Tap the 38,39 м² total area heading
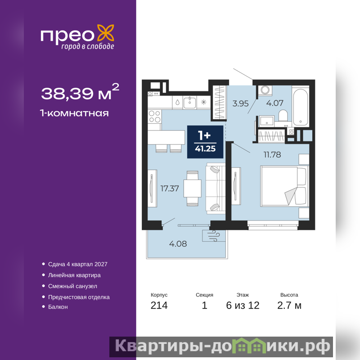80,92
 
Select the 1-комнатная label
74,113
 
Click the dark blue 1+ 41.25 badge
205,142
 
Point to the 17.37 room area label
170,189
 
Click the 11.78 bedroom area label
272,154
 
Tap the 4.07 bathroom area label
274,103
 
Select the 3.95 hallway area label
240,103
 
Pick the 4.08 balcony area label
178,243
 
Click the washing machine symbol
265,90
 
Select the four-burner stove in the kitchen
154,117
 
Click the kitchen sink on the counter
189,102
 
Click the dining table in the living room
193,188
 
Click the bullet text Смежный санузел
72,286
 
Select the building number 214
159,306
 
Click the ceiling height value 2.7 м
289,306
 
